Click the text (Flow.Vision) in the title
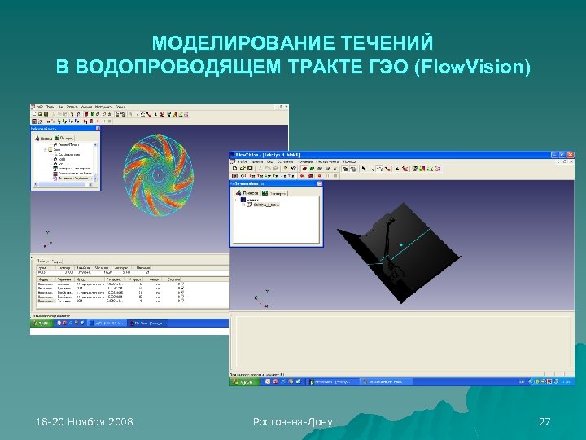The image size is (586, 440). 472,66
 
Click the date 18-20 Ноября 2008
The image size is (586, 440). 85,421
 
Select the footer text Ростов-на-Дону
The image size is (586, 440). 292,421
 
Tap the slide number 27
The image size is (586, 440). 545,421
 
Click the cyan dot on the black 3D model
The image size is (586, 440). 401,244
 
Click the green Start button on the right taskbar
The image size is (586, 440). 242,381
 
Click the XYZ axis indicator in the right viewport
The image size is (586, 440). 259,300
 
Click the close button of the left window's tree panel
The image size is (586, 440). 98,128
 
